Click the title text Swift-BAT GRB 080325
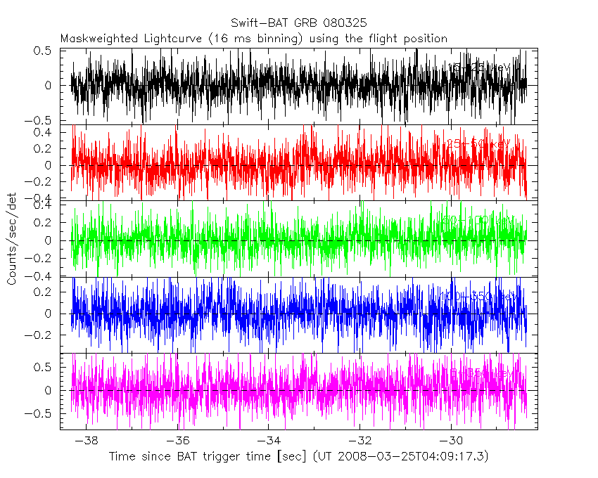[x=298, y=23]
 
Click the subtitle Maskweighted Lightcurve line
[x=254, y=39]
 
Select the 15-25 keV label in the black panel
[x=478, y=67]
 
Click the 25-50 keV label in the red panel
[x=478, y=143]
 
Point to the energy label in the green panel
[x=478, y=220]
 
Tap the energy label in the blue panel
[x=478, y=297]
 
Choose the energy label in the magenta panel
[x=478, y=373]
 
